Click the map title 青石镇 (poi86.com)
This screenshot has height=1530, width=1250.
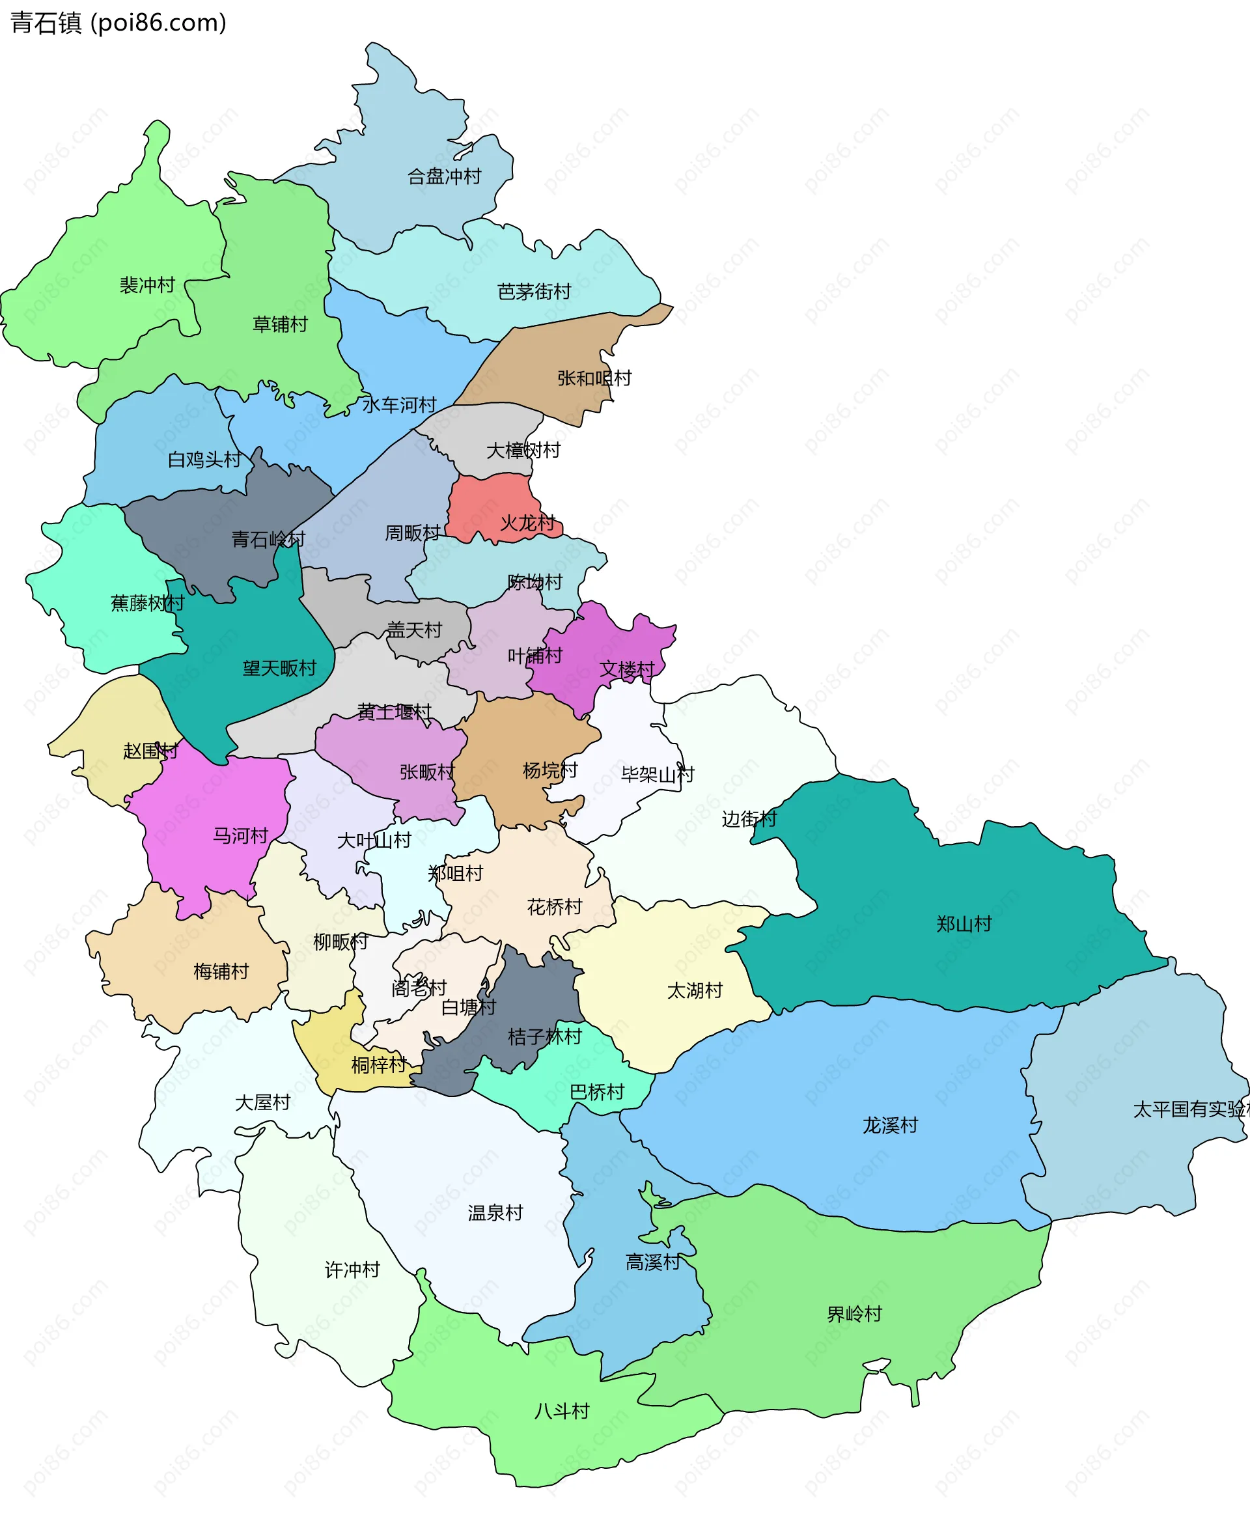(x=118, y=23)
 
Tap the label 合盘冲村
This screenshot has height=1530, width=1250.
(x=444, y=176)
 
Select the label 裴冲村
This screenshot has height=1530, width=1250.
(x=148, y=285)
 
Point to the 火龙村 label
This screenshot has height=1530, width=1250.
(x=528, y=523)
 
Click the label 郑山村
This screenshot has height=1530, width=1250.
(x=964, y=924)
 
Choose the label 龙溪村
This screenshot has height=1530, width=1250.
(x=891, y=1125)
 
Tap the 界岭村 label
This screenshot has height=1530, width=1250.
(x=855, y=1314)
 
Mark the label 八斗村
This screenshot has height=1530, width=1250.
(x=562, y=1410)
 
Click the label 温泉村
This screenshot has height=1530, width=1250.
(x=495, y=1213)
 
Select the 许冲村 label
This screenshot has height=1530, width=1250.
(x=352, y=1270)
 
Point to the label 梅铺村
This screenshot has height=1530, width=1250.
(x=221, y=972)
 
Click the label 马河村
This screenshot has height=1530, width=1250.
(x=240, y=836)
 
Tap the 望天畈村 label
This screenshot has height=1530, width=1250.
(x=279, y=668)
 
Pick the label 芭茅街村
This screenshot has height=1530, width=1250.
(x=535, y=292)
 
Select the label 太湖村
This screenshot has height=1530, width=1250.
(x=695, y=991)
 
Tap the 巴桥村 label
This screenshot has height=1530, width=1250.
(x=597, y=1092)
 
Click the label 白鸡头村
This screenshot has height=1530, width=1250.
(x=204, y=460)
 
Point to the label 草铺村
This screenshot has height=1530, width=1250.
(x=280, y=324)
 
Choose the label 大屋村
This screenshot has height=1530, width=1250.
(x=263, y=1102)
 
